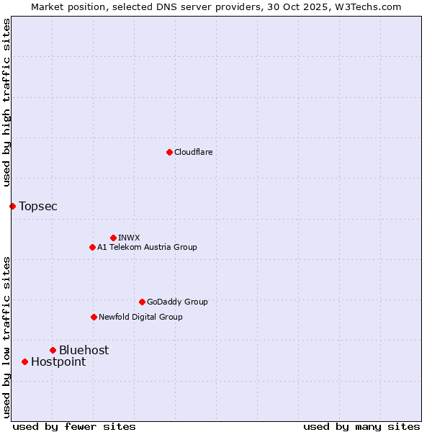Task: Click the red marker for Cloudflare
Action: (169, 152)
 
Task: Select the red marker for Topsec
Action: (12, 206)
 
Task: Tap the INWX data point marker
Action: (113, 238)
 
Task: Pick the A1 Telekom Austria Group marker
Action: (92, 247)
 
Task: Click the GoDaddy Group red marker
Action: (142, 302)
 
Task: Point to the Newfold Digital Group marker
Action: (94, 317)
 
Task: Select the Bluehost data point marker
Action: (53, 350)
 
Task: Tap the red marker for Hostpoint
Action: (24, 361)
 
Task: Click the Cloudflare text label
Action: (193, 152)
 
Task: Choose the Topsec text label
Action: (38, 206)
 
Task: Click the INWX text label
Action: (129, 238)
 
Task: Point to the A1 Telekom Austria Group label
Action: (147, 247)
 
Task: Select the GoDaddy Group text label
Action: (177, 302)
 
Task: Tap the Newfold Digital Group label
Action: (140, 317)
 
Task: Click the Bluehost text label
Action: (84, 350)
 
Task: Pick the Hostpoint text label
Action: (58, 361)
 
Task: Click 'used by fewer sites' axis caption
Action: (74, 426)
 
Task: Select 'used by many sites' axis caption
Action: (361, 426)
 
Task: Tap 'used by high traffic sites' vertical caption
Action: (6, 103)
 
